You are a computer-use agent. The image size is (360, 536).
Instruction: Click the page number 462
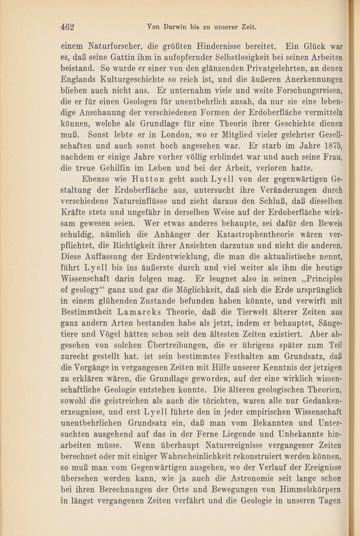click(x=70, y=27)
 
